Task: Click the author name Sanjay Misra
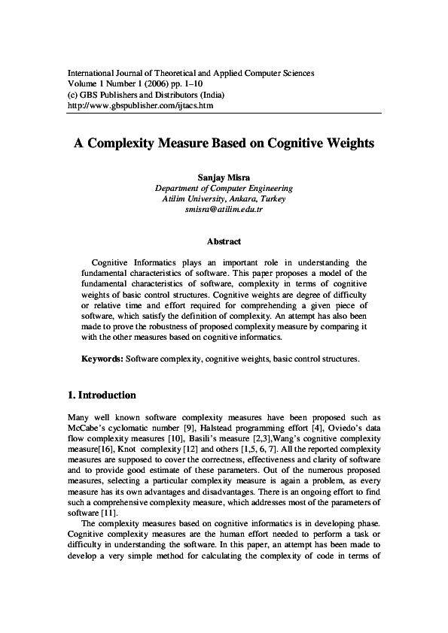coord(224,177)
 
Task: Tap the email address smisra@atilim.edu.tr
coord(224,209)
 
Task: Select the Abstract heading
coord(224,241)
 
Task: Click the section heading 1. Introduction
coord(102,395)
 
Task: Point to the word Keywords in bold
coord(102,359)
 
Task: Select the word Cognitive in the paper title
coord(289,141)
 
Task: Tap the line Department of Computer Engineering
coord(224,188)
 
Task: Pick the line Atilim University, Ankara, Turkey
coord(224,198)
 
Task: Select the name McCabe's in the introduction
coord(90,429)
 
